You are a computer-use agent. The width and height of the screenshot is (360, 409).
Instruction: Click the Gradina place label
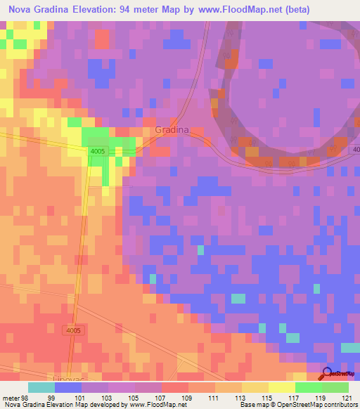[172, 131]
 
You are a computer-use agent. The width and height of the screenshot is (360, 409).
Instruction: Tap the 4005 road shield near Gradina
[97, 151]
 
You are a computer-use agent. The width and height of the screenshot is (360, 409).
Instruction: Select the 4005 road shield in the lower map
[72, 330]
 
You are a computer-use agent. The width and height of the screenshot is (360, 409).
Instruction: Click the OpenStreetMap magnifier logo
[327, 373]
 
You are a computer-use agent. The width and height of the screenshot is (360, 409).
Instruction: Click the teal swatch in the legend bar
[41, 387]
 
